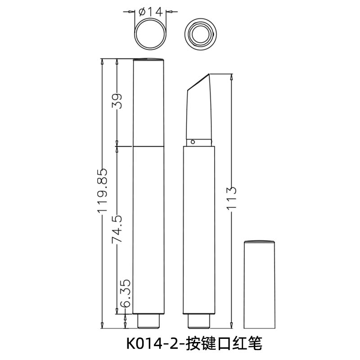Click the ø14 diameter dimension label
tap(152, 12)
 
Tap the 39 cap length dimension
tap(117, 102)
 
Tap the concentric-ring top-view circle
tap(199, 33)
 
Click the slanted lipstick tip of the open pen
tap(199, 106)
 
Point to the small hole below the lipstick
tap(193, 142)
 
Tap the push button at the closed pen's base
tap(149, 321)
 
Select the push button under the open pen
tap(199, 321)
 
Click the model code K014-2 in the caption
tap(153, 344)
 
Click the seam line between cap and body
tap(149, 146)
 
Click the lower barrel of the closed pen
tap(149, 229)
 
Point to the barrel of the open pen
tap(199, 229)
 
